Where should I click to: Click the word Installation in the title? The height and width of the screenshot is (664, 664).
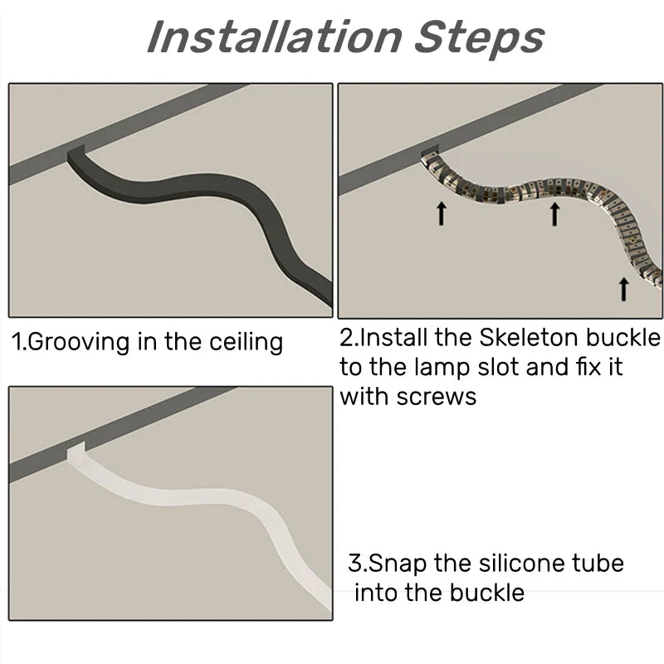[x=275, y=37]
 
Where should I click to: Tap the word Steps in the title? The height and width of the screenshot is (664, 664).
[x=480, y=40]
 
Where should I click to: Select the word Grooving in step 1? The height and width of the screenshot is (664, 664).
[x=79, y=343]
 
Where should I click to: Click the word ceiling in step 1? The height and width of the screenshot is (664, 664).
[x=246, y=341]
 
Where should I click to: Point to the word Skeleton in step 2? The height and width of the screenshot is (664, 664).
[x=529, y=338]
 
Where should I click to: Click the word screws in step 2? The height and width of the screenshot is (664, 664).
[x=437, y=398]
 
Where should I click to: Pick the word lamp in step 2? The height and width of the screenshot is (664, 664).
[x=442, y=368]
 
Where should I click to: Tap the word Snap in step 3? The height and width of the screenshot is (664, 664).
[x=398, y=564]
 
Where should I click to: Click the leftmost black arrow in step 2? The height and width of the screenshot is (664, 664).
[x=442, y=213]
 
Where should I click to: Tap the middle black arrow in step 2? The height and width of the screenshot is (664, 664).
[x=554, y=214]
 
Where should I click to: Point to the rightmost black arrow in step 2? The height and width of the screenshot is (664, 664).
[x=623, y=289]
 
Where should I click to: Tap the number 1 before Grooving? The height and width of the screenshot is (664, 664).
[x=16, y=341]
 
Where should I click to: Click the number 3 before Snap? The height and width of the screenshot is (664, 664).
[x=355, y=564]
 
